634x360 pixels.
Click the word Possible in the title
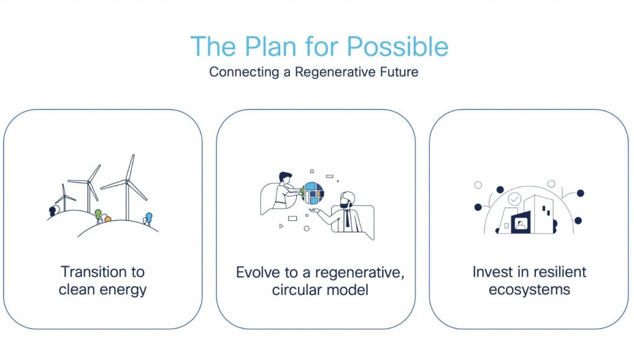397,47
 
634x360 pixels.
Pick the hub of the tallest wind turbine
127,182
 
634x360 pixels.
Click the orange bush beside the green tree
107,219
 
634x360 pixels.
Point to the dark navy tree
52,211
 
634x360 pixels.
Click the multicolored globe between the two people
312,193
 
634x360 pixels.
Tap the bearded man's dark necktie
347,219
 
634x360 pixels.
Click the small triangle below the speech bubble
281,227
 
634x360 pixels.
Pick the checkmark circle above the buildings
515,199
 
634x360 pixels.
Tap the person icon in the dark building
520,225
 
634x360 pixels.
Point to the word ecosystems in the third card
529,290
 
